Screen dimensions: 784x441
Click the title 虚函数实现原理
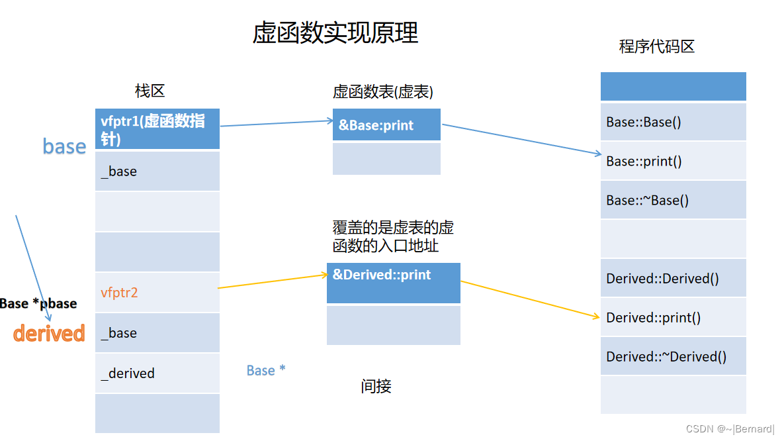(x=335, y=33)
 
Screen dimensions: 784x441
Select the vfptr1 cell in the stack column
(x=157, y=128)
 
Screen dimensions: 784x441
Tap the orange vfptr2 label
(x=119, y=292)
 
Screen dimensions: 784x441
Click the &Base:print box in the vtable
(x=386, y=124)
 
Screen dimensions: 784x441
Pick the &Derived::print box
(x=394, y=283)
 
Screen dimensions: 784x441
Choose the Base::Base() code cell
(x=673, y=122)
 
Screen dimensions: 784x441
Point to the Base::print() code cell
(x=673, y=161)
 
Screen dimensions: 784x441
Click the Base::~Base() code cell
(x=673, y=200)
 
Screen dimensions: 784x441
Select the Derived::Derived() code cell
(x=673, y=278)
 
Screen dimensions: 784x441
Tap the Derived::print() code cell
(x=673, y=317)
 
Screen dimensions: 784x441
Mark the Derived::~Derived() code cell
(x=673, y=356)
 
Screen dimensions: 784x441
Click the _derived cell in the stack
(x=157, y=373)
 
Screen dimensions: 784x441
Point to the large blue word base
(x=64, y=146)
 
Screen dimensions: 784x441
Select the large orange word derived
(x=49, y=333)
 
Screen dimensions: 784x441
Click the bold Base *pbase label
(x=38, y=303)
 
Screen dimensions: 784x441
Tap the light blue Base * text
(x=266, y=370)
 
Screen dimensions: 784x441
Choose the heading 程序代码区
(x=656, y=46)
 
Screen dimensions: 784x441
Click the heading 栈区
(x=150, y=91)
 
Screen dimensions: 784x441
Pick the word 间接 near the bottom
(x=376, y=387)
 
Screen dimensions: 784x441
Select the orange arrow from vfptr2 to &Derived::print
(x=273, y=281)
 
